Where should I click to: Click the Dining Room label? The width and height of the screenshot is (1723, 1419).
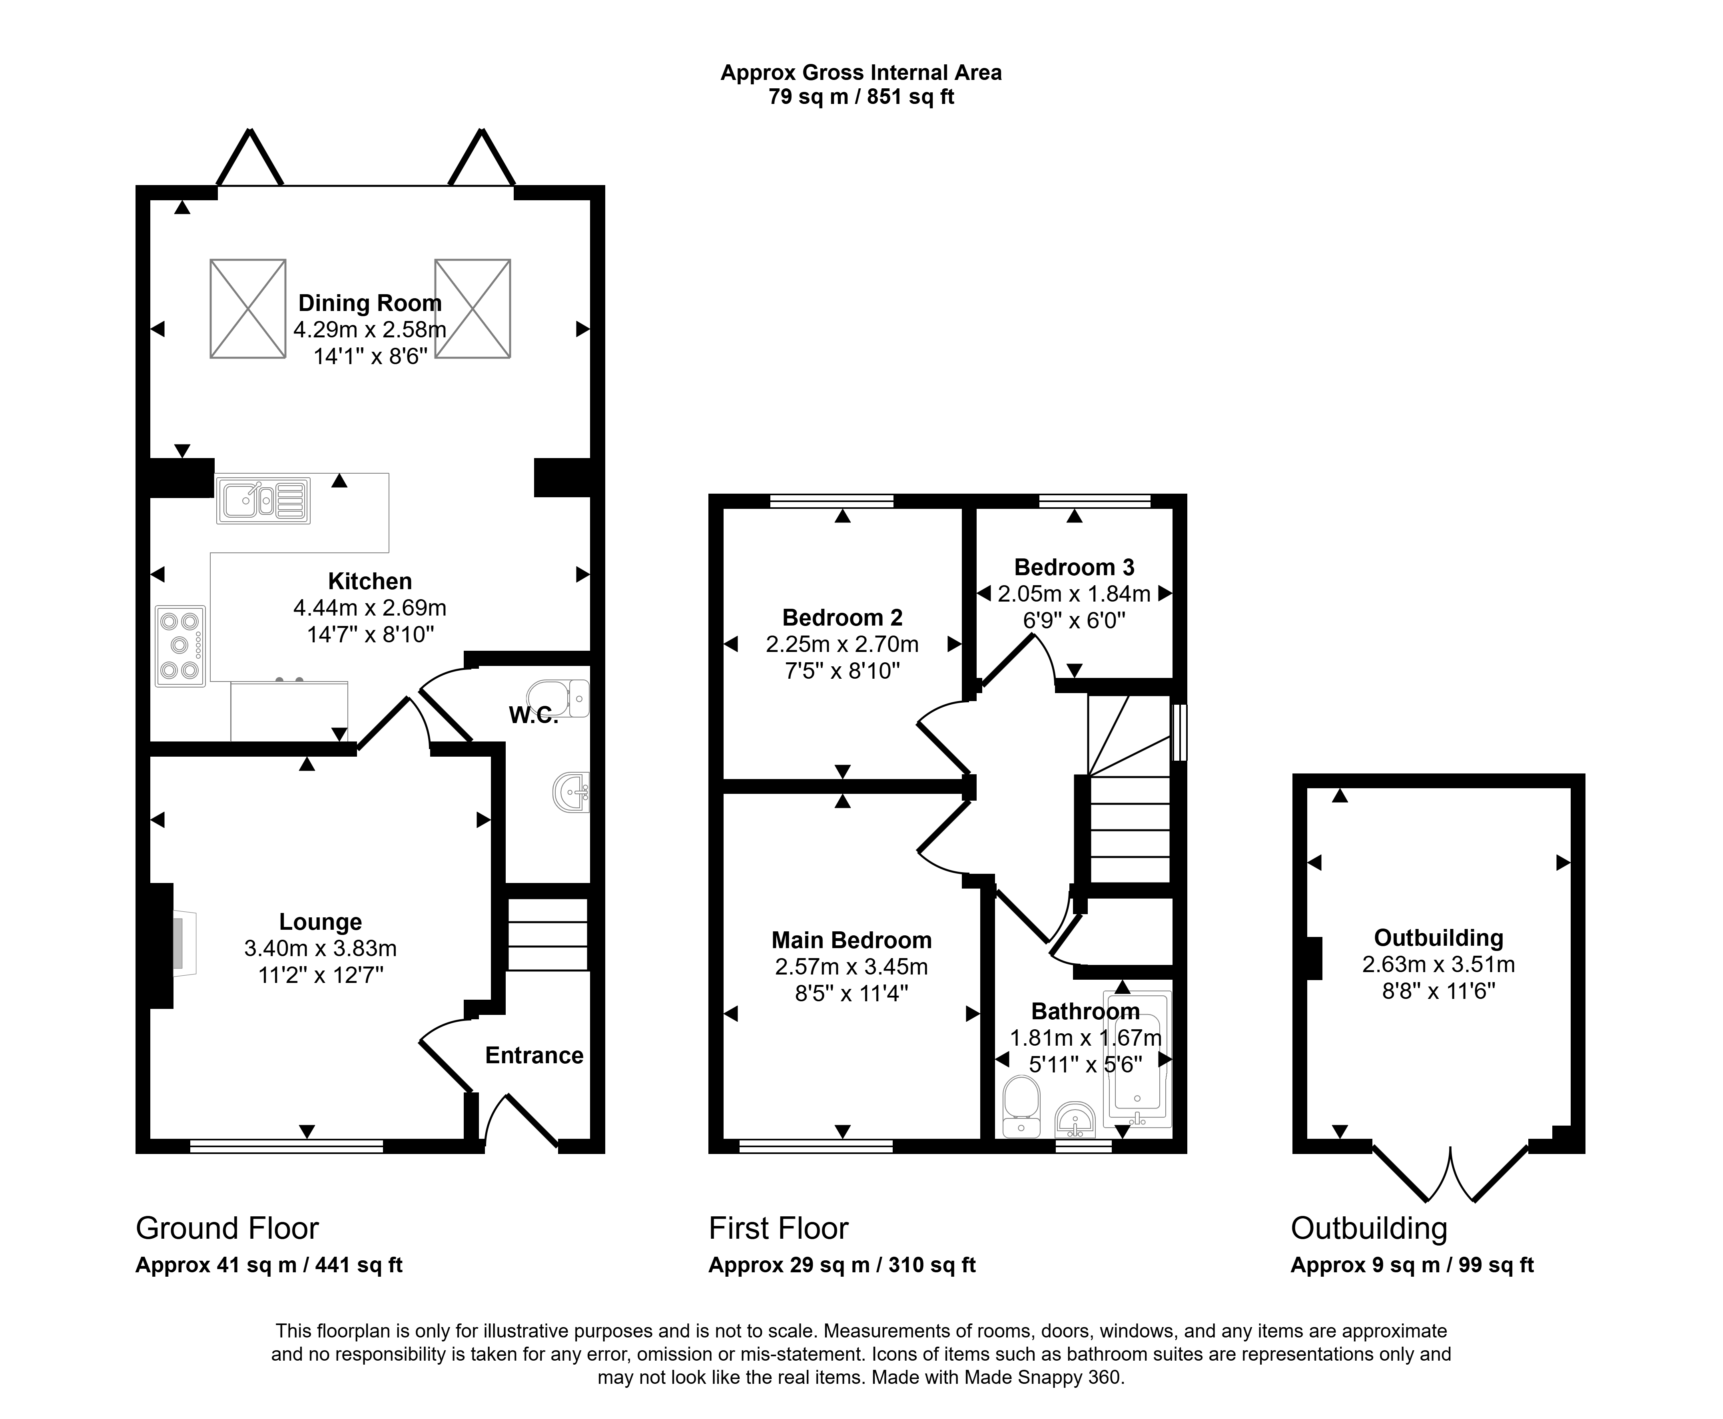pyautogui.click(x=369, y=303)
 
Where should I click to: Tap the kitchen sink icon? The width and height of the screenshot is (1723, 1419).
pyautogui.click(x=263, y=500)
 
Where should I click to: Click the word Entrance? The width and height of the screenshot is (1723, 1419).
pyautogui.click(x=534, y=1055)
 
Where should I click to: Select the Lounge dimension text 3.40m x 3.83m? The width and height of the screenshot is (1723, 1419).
pyautogui.click(x=320, y=948)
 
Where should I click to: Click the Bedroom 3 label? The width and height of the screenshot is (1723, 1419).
pyautogui.click(x=1074, y=567)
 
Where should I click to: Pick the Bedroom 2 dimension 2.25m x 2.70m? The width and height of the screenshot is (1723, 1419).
pyautogui.click(x=842, y=644)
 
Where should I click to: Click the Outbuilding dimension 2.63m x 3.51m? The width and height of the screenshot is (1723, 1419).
pyautogui.click(x=1438, y=965)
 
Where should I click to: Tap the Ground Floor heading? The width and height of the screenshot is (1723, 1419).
pyautogui.click(x=227, y=1229)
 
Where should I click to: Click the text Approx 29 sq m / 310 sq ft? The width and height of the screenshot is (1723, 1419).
pyautogui.click(x=842, y=1266)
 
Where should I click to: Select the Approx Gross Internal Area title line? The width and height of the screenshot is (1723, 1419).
pyautogui.click(x=861, y=73)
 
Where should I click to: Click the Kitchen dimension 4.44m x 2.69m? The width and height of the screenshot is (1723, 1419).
pyautogui.click(x=369, y=608)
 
